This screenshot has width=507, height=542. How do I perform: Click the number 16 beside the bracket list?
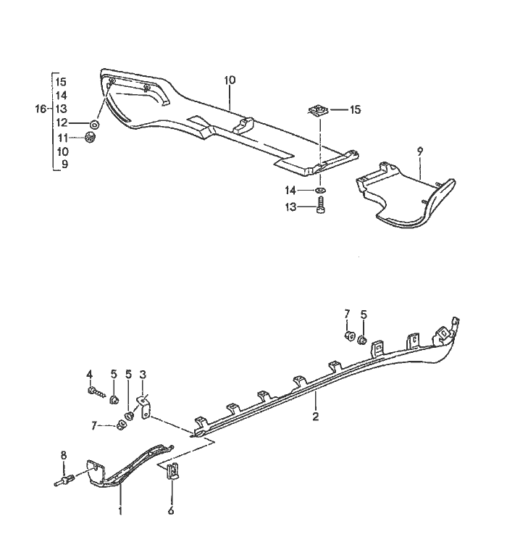coord(41,109)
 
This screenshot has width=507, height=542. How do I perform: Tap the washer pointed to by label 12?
coord(96,124)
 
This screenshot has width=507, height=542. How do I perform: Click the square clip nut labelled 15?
coord(317,111)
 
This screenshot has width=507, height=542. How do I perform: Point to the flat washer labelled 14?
coord(321,191)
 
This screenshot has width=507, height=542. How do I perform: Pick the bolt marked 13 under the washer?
coord(321,208)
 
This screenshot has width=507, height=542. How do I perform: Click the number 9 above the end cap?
coord(419,151)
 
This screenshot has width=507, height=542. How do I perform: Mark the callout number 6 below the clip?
coord(172,509)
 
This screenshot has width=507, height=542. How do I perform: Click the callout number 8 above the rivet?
coord(63,456)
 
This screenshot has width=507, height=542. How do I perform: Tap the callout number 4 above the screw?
coord(90,374)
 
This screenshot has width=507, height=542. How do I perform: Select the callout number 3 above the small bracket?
coord(143,374)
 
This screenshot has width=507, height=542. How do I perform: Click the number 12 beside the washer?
coord(62,122)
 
